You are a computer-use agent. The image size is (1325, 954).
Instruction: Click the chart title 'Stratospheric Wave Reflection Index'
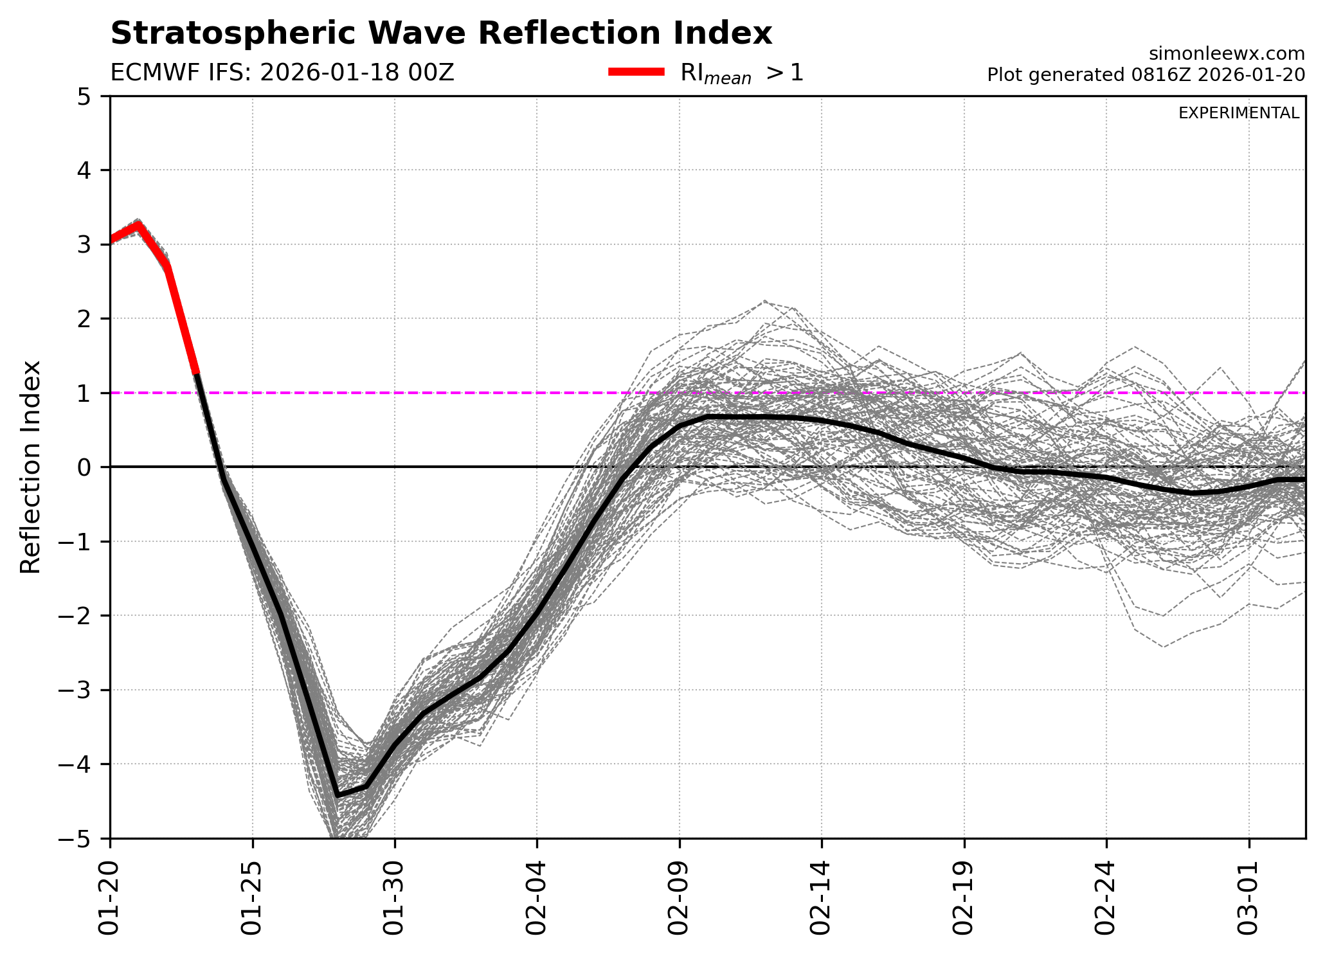pyautogui.click(x=441, y=33)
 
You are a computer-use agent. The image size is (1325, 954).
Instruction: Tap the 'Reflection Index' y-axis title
pyautogui.click(x=30, y=467)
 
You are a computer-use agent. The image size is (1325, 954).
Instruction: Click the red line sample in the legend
pyautogui.click(x=636, y=73)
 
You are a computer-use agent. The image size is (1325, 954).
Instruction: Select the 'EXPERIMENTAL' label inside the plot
pyautogui.click(x=1238, y=113)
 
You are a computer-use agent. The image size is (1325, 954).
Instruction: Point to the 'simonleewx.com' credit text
pyautogui.click(x=1227, y=54)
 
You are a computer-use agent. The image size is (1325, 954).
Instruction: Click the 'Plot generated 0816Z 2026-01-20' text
pyautogui.click(x=1146, y=75)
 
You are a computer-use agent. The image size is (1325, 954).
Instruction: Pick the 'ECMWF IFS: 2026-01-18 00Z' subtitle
pyautogui.click(x=282, y=73)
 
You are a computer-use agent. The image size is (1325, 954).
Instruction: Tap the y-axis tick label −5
pyautogui.click(x=78, y=838)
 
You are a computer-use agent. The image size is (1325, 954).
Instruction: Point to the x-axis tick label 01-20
pyautogui.click(x=110, y=894)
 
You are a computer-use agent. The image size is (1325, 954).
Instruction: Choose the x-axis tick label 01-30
pyautogui.click(x=394, y=894)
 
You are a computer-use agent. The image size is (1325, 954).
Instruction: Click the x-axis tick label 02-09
pyautogui.click(x=679, y=894)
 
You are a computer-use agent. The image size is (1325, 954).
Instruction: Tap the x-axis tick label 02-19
pyautogui.click(x=964, y=894)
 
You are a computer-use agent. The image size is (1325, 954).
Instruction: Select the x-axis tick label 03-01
pyautogui.click(x=1248, y=894)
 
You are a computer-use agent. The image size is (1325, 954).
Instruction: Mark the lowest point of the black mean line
pyautogui.click(x=338, y=796)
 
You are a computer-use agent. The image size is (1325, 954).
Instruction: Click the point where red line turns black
pyautogui.click(x=197, y=373)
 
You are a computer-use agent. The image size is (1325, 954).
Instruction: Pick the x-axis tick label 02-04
pyautogui.click(x=536, y=894)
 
